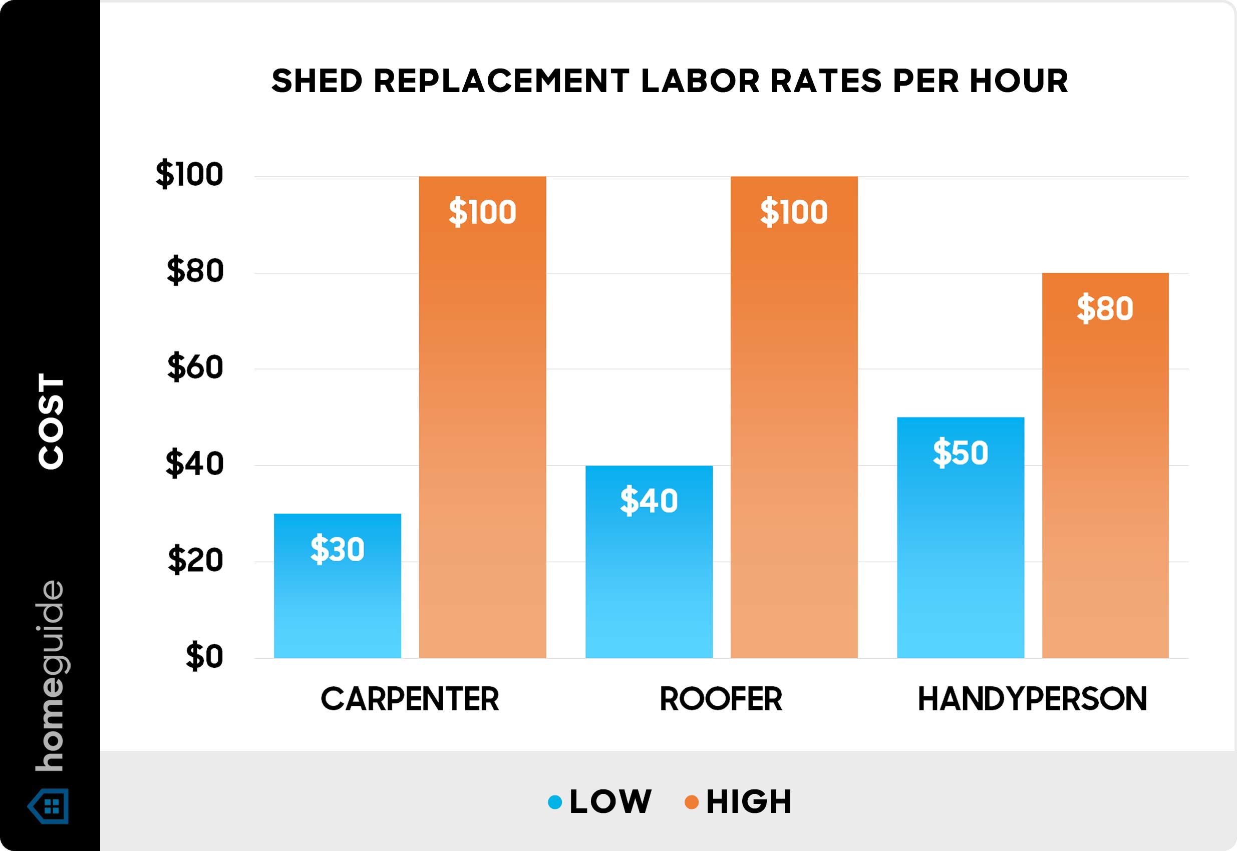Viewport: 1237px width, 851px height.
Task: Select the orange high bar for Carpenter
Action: (482, 427)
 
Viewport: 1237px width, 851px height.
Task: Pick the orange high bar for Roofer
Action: (794, 427)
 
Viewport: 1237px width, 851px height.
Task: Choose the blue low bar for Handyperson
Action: (960, 555)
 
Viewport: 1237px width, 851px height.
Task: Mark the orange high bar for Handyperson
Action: (1105, 480)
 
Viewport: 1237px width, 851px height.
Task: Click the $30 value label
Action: (337, 549)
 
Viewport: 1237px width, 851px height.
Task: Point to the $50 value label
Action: (960, 452)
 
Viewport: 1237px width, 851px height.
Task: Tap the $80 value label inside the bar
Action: (1105, 308)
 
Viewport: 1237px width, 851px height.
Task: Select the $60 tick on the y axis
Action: (195, 367)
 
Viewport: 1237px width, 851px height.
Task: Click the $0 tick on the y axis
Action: (204, 656)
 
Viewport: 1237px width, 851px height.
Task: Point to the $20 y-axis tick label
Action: (195, 560)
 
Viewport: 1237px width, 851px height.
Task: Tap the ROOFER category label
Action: (721, 698)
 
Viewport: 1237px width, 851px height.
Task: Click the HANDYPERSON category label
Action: (1032, 698)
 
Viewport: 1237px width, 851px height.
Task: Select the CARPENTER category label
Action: (410, 698)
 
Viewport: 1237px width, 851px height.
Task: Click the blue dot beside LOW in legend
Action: (555, 801)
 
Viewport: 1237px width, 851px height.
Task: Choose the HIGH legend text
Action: (748, 801)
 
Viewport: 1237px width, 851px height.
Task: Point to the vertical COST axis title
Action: (51, 421)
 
